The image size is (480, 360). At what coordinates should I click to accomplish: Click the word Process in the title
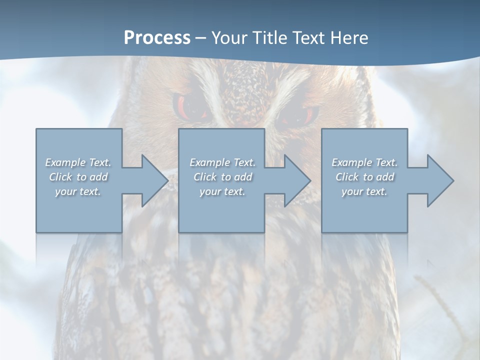[157, 38]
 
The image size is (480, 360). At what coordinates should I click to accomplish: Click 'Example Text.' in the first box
[78, 162]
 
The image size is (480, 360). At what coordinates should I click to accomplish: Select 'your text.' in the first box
[78, 191]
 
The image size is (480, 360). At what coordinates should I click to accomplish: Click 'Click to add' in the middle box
[222, 177]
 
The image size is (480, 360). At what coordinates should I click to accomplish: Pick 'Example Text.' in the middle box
[222, 162]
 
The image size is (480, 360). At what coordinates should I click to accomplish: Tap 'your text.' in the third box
[364, 191]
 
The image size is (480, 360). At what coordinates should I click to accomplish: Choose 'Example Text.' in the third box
[364, 162]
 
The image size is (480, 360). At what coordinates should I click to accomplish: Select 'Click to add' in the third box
[364, 177]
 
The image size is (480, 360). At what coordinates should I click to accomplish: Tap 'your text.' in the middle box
[222, 191]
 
